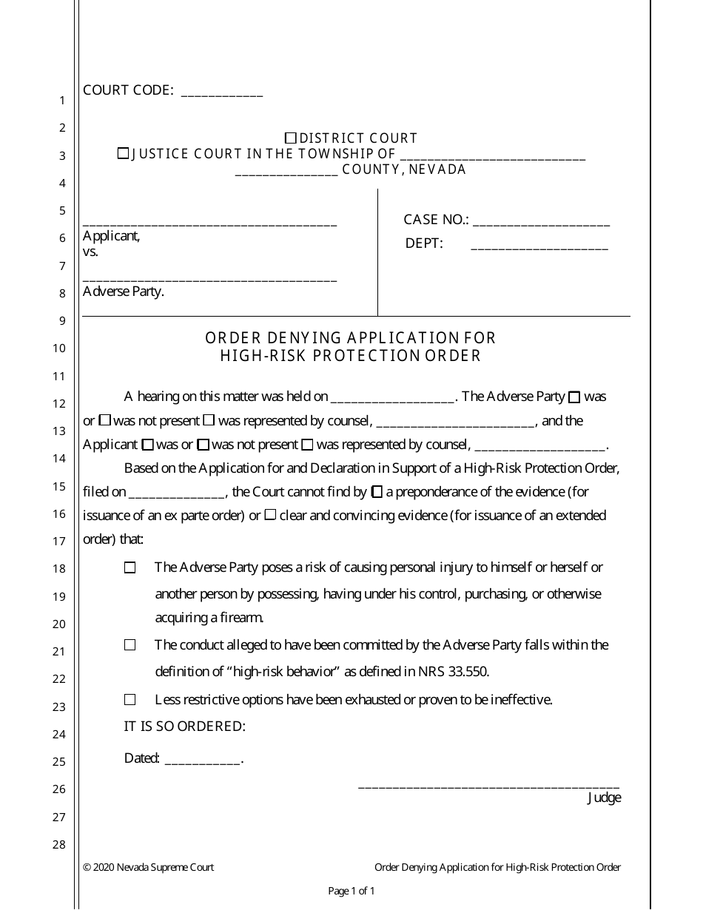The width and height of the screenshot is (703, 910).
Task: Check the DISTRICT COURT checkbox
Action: point(291,138)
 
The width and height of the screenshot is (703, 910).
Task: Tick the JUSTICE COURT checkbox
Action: point(123,154)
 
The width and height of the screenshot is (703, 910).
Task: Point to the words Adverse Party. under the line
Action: point(124,291)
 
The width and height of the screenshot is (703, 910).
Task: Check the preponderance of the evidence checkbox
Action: point(377,491)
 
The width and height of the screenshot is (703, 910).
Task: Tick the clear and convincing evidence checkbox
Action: point(271,515)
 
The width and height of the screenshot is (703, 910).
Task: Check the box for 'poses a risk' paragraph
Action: point(130,567)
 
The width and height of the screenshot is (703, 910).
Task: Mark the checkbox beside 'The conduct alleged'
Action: point(130,645)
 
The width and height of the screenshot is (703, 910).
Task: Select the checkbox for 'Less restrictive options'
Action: point(130,699)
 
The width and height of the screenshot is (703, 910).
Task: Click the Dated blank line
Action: point(202,759)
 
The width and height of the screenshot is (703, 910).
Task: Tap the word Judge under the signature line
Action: point(604,798)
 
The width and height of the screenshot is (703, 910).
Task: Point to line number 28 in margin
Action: point(59,845)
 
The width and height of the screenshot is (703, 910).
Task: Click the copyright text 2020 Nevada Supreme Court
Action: point(154,867)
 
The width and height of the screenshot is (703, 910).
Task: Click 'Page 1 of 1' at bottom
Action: point(351,892)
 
